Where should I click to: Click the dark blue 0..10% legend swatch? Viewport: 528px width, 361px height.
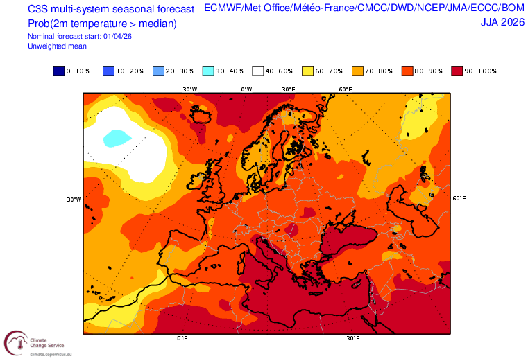[x=58, y=71]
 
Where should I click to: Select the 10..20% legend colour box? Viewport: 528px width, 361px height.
[x=108, y=71]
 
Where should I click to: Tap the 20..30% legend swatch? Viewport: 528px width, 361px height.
[x=158, y=71]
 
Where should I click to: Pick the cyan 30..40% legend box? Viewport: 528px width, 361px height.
[x=208, y=71]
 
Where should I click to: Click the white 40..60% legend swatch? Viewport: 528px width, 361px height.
[x=258, y=71]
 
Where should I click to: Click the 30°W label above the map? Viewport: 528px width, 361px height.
[x=189, y=89]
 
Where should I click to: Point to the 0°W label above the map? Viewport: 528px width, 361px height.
[x=246, y=89]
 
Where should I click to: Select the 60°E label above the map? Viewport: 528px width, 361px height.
[x=345, y=89]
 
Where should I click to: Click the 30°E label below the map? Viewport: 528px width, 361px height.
[x=353, y=339]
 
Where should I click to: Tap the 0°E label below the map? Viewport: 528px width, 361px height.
[x=182, y=339]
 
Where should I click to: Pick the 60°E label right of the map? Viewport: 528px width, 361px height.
[x=459, y=198]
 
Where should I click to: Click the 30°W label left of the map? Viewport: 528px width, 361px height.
[x=74, y=200]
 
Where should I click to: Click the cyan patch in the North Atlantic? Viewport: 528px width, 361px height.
[x=117, y=138]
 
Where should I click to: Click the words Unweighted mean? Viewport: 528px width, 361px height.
[x=57, y=46]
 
